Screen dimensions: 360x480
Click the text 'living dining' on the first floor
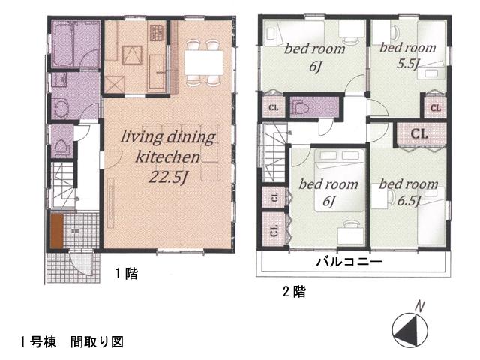point(169,137)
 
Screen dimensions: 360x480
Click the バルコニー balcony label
point(349,262)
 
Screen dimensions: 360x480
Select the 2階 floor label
point(294,292)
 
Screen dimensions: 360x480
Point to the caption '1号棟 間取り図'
point(71,341)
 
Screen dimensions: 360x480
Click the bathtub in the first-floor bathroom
point(65,46)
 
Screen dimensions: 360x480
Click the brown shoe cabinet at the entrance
point(56,232)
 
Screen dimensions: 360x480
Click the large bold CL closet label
point(420,134)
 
